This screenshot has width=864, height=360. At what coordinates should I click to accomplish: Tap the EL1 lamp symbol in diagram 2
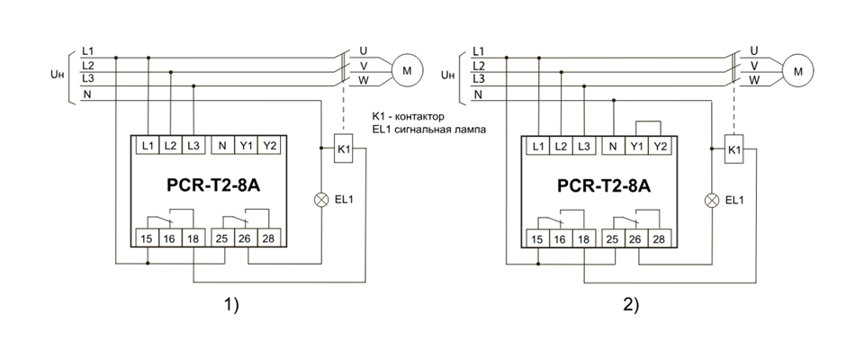coord(713,199)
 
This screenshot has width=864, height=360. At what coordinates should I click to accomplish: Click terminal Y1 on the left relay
coord(245,145)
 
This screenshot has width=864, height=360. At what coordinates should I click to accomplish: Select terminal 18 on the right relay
coord(584,238)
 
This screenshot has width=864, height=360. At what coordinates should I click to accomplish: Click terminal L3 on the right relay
coord(584,146)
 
